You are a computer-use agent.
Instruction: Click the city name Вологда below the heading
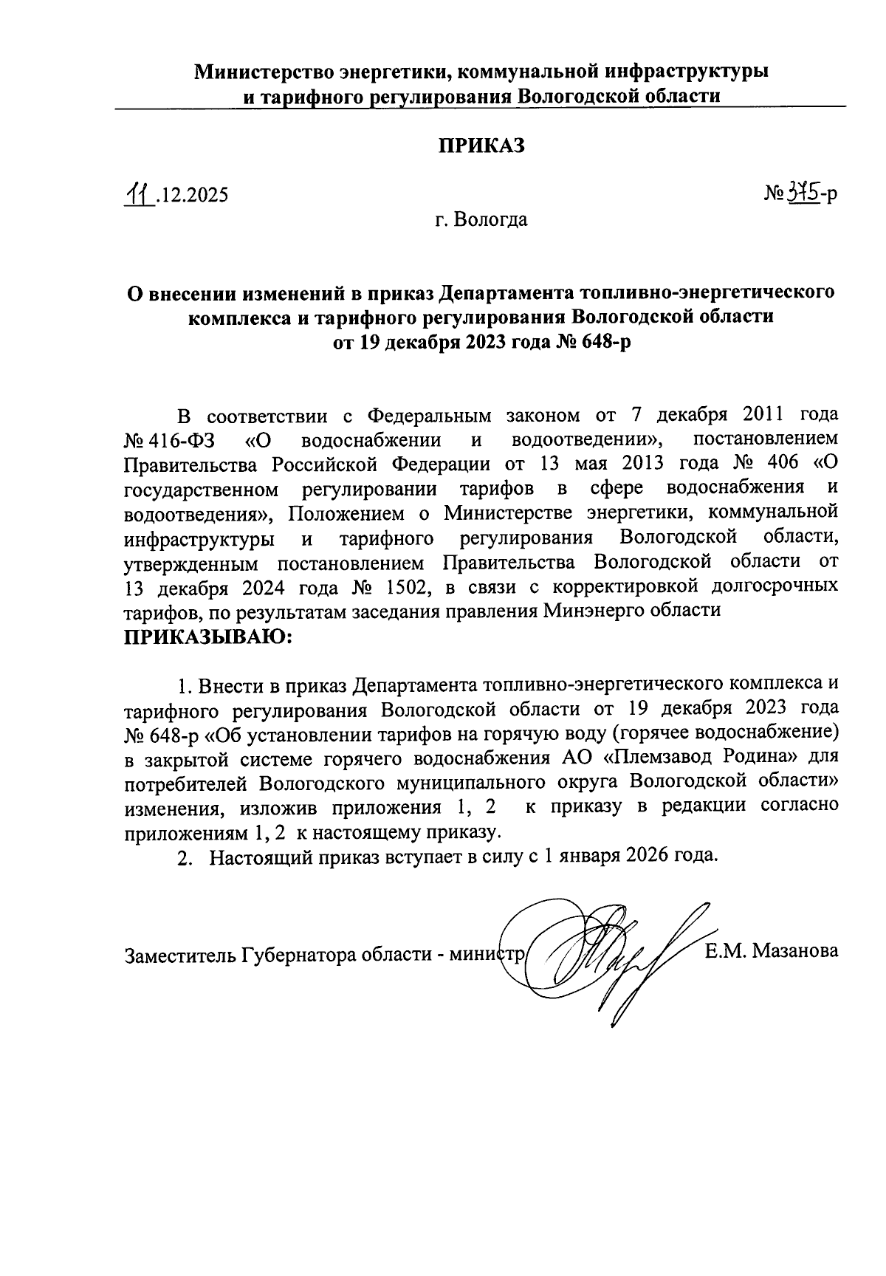tap(491, 219)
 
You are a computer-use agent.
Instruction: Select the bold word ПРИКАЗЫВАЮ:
tap(207, 636)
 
